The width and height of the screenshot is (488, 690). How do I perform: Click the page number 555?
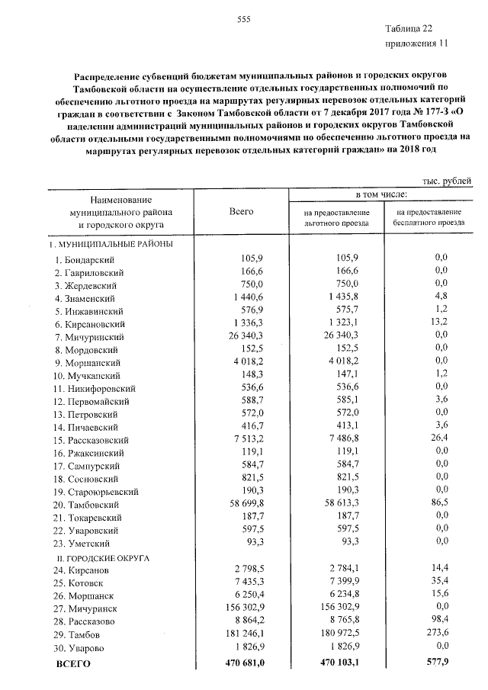click(x=244, y=19)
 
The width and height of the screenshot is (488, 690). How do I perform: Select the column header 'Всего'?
click(x=241, y=210)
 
